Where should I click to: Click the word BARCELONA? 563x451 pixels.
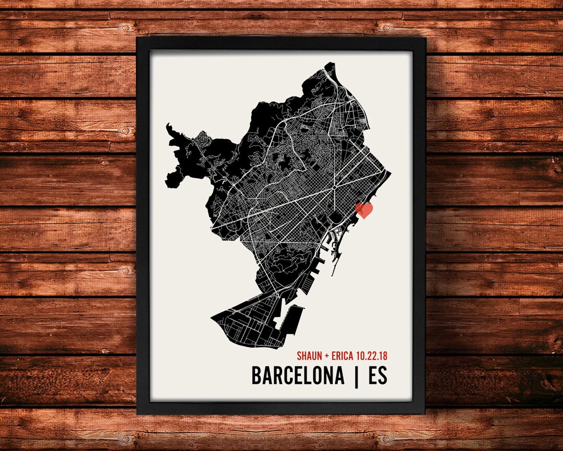[298, 376]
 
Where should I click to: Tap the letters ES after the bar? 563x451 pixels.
[377, 376]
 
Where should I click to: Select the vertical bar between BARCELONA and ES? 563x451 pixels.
[357, 376]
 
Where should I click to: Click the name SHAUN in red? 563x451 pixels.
[309, 356]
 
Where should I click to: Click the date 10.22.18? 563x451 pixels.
[372, 356]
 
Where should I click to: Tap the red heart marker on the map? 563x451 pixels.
[364, 210]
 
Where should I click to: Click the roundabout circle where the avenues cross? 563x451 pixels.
[334, 186]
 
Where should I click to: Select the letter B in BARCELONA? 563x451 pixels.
[257, 376]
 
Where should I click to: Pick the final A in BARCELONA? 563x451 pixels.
[338, 376]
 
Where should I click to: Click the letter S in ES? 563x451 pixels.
[383, 376]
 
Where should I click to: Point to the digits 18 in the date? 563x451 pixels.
[383, 356]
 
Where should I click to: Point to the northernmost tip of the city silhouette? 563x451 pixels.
[329, 63]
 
